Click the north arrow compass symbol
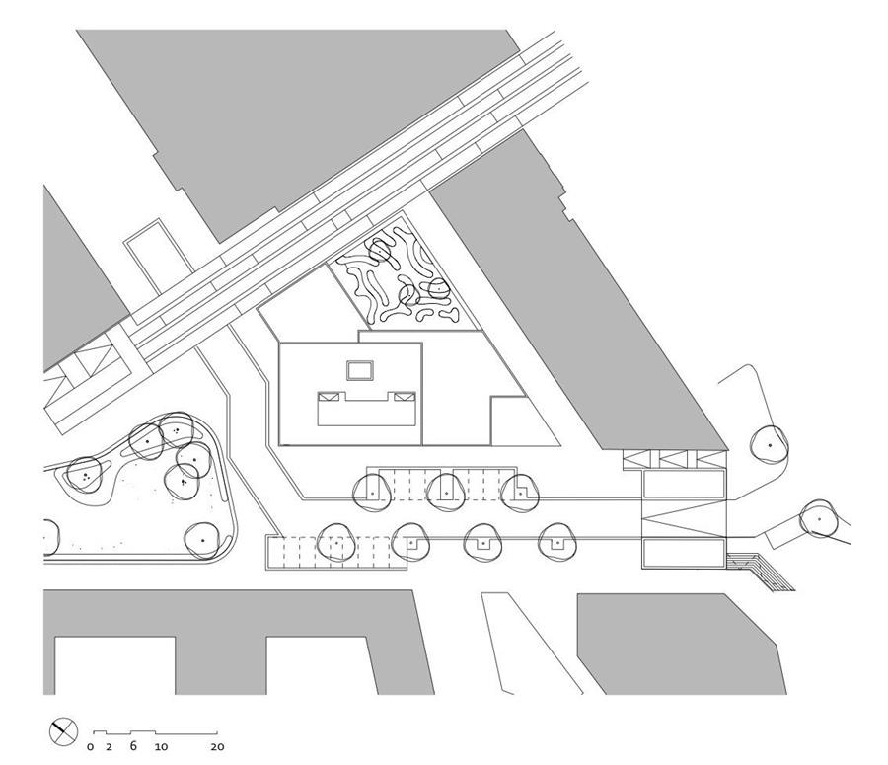[x=63, y=731]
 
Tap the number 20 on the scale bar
[x=217, y=747]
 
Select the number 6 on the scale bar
[x=133, y=745]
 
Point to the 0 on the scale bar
[x=91, y=747]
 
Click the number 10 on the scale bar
[x=162, y=747]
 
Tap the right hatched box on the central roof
[x=405, y=397]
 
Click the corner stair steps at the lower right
[x=762, y=571]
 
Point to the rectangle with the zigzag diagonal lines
[x=684, y=517]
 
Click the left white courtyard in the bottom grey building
[x=115, y=665]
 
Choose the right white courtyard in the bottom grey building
[x=322, y=665]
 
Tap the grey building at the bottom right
[x=680, y=644]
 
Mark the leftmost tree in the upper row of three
[x=371, y=493]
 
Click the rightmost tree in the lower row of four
[x=557, y=542]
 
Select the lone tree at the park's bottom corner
[x=203, y=540]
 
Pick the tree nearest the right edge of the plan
[x=819, y=518]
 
